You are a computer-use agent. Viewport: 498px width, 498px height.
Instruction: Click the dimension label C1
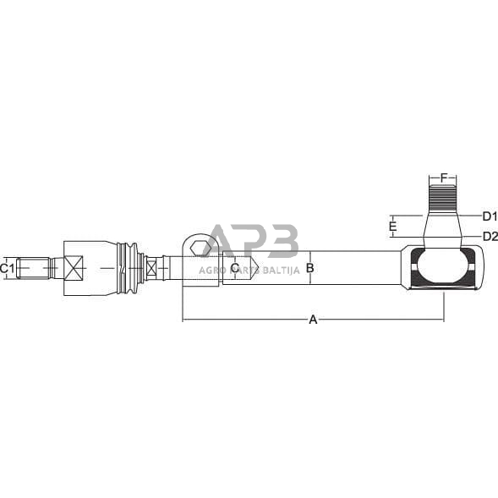(8, 268)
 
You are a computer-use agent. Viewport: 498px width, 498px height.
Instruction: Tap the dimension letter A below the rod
(313, 320)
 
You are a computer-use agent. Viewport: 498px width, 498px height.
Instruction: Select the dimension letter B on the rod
(309, 268)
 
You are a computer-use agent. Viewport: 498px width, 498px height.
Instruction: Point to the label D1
(490, 216)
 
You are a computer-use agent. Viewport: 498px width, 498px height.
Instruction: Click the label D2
(490, 236)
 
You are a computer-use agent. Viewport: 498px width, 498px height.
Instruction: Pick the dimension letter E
(392, 227)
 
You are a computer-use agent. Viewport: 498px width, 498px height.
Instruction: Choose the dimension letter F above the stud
(443, 178)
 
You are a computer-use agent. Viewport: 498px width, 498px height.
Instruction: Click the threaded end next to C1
(34, 268)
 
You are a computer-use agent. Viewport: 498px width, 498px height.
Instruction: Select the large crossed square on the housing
(74, 268)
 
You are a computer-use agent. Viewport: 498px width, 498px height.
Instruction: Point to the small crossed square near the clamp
(151, 268)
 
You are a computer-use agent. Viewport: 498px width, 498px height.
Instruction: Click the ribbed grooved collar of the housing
(129, 268)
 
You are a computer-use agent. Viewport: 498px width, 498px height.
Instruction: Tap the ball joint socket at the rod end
(441, 268)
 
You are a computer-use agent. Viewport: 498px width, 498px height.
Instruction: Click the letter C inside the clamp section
(234, 268)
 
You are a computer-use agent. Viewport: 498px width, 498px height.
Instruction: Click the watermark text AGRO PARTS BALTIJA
(249, 270)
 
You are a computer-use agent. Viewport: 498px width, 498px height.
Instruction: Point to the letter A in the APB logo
(222, 243)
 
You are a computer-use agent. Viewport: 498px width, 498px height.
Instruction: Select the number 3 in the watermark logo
(282, 241)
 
